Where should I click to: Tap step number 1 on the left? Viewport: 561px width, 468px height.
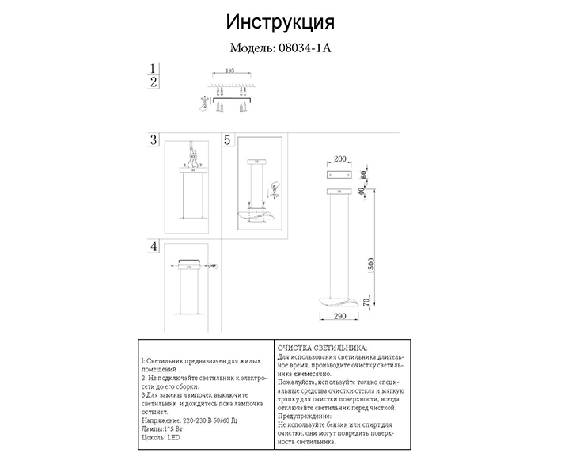point(155,68)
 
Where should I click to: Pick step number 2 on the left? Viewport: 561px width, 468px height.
point(155,82)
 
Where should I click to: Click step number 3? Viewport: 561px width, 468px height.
point(154,140)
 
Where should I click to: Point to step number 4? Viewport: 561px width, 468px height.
point(154,246)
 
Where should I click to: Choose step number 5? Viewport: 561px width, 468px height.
point(228,140)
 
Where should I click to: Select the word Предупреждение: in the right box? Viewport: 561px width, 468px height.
point(305,416)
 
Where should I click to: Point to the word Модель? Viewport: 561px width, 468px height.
point(252,47)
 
